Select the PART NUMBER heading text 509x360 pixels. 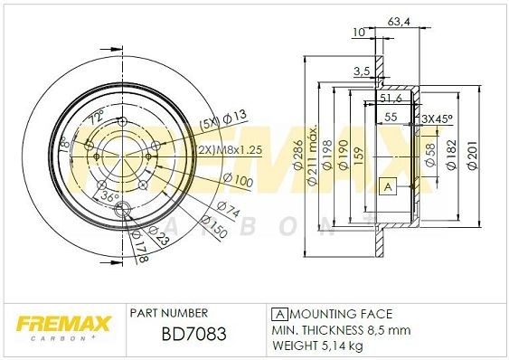coord(170,312)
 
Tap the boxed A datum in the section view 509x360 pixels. coord(388,185)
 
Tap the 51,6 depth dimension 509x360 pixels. coord(391,96)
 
